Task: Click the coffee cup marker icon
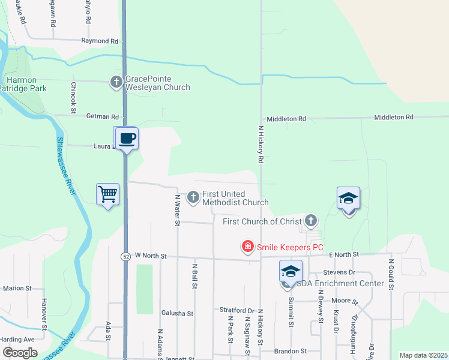tap(127, 139)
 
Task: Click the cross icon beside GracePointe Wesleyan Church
tap(116, 82)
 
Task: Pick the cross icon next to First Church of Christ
tap(310, 221)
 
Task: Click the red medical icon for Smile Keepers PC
tap(247, 247)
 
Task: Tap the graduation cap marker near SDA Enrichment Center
tap(290, 272)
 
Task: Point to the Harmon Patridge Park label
tap(22, 84)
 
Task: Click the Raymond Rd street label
tap(100, 41)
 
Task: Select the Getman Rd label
tap(103, 117)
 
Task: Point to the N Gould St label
tap(391, 274)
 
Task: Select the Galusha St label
tap(177, 313)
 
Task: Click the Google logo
tap(20, 353)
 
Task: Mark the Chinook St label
tap(73, 98)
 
